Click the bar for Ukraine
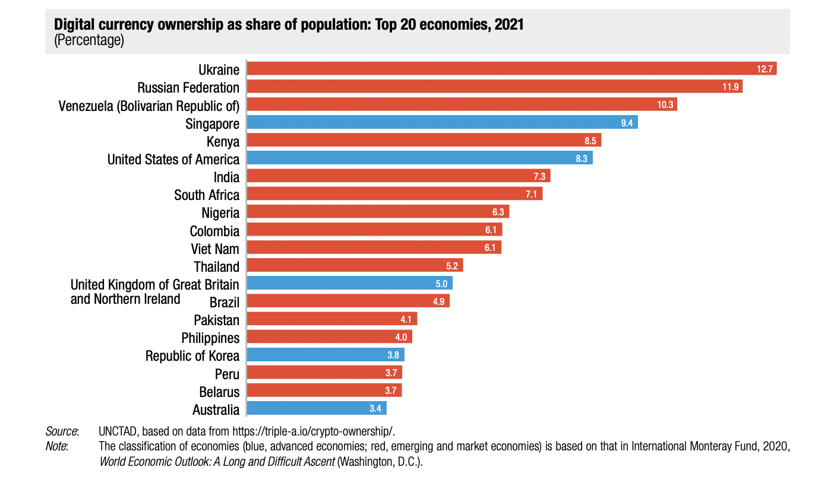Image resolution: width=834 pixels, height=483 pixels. pyautogui.click(x=511, y=69)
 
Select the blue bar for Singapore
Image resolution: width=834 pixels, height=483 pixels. pyautogui.click(x=442, y=123)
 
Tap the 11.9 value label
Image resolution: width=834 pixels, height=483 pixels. pyautogui.click(x=730, y=87)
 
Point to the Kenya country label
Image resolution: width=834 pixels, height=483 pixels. pyautogui.click(x=223, y=141)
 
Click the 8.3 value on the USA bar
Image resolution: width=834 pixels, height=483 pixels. pyautogui.click(x=582, y=158)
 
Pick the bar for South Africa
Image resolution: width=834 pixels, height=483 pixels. pyautogui.click(x=394, y=194)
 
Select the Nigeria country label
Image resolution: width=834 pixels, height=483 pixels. pyautogui.click(x=220, y=212)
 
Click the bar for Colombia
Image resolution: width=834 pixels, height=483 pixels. pyautogui.click(x=374, y=230)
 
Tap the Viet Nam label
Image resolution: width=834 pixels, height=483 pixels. pyautogui.click(x=215, y=248)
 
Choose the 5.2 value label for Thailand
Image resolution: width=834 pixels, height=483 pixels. pyautogui.click(x=452, y=266)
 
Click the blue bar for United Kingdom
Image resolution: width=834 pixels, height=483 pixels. pyautogui.click(x=349, y=283)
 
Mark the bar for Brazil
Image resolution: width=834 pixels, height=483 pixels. pyautogui.click(x=348, y=301)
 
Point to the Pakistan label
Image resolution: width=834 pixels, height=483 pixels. pyautogui.click(x=216, y=320)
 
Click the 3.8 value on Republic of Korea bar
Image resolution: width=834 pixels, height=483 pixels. pyautogui.click(x=394, y=355)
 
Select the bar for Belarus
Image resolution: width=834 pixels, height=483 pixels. pyautogui.click(x=324, y=390)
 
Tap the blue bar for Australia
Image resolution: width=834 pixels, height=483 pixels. pyautogui.click(x=317, y=408)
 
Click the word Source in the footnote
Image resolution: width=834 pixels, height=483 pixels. pyautogui.click(x=61, y=431)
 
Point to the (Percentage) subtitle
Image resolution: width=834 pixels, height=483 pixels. pyautogui.click(x=89, y=41)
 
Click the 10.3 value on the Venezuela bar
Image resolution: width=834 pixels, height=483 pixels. pyautogui.click(x=665, y=105)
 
